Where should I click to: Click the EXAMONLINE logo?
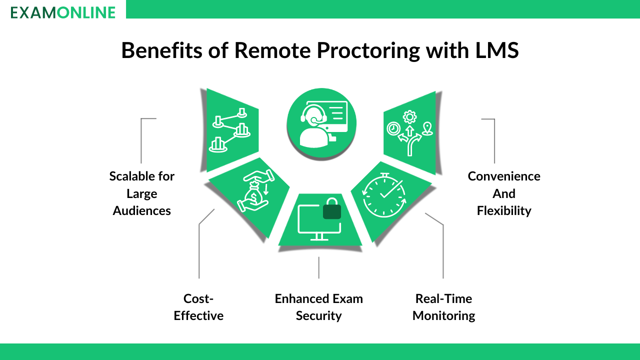(63, 12)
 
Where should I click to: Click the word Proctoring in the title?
(368, 50)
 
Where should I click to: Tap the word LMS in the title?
(497, 50)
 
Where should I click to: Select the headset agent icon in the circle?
(321, 123)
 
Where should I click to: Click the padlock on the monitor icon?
(332, 208)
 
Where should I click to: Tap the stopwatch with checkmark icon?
(384, 195)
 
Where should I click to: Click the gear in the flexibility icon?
(409, 117)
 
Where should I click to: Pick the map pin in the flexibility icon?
(427, 128)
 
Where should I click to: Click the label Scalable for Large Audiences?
(141, 193)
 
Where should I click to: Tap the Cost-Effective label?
(198, 307)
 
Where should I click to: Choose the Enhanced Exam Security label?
(319, 307)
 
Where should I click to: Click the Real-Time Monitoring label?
(443, 307)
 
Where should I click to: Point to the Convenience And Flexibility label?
(504, 193)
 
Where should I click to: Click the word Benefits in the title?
(162, 50)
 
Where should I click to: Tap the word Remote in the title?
(272, 50)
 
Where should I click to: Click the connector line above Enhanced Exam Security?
(319, 267)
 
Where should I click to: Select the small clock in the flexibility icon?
(393, 128)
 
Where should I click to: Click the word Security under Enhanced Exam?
(319, 316)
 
